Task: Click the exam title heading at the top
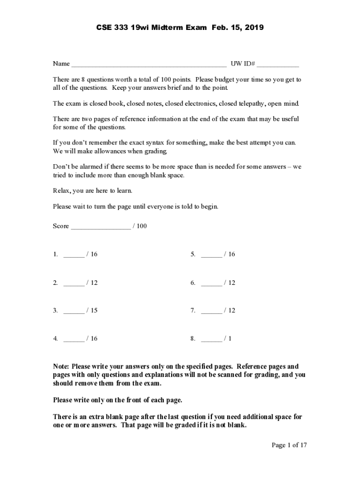pyautogui.click(x=180, y=28)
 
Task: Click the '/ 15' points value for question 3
pyautogui.click(x=92, y=311)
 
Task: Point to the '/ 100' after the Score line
pyautogui.click(x=140, y=226)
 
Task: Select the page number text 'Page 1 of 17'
pyautogui.click(x=289, y=445)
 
